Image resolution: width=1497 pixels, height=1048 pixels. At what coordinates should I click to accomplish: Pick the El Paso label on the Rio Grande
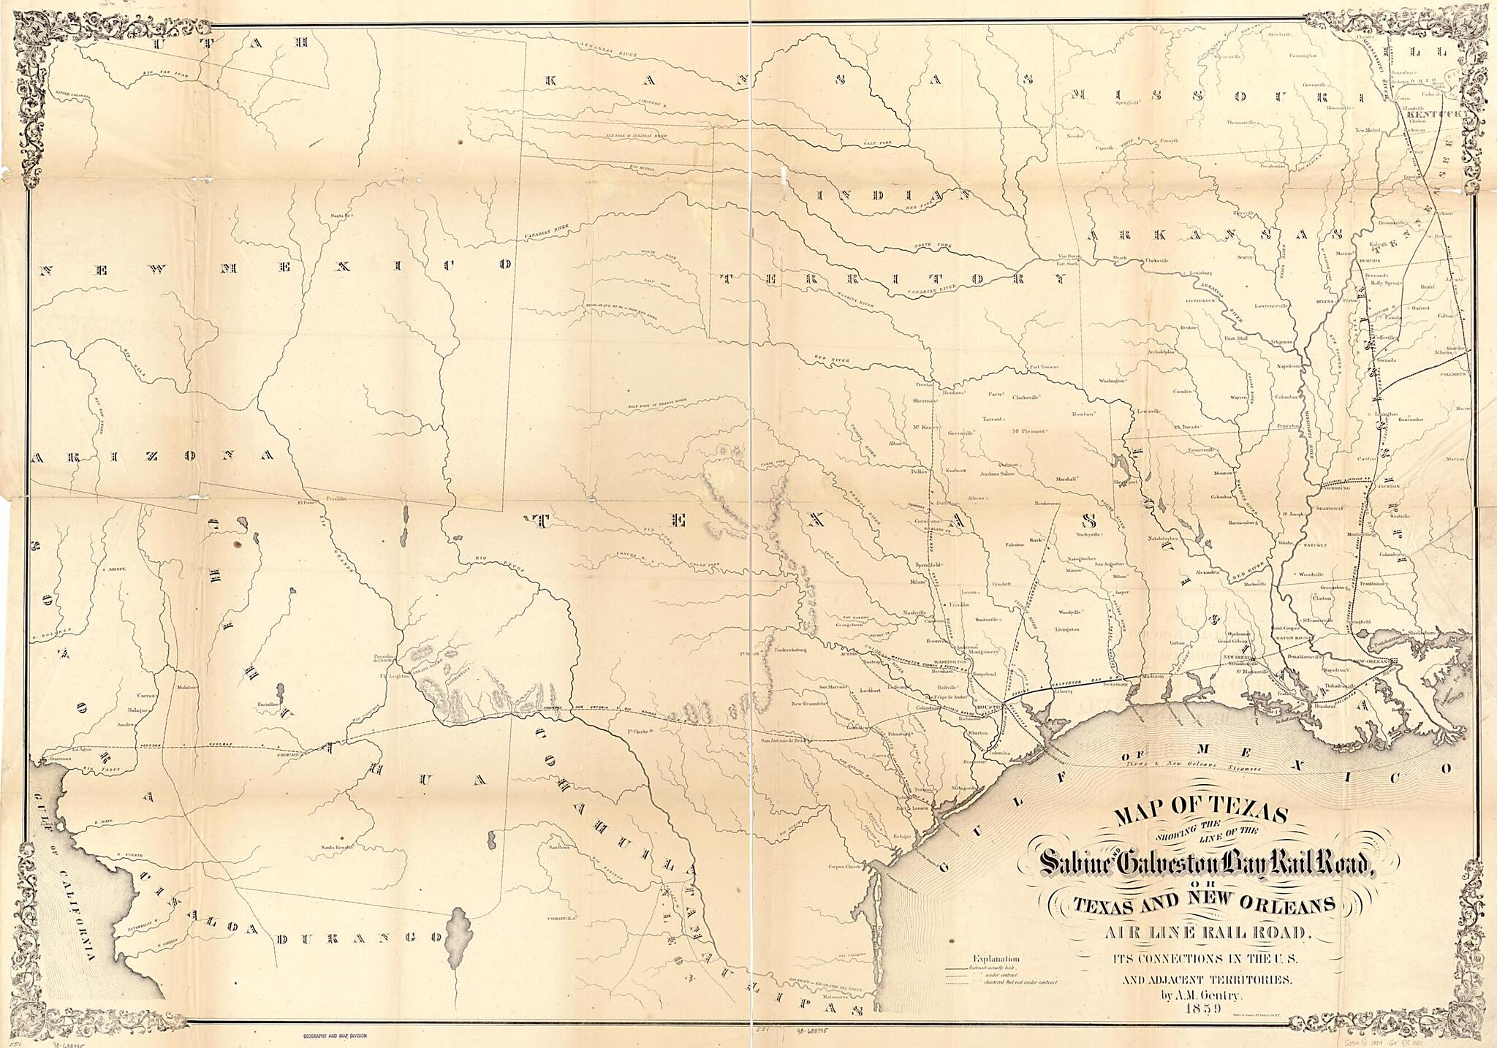[305, 503]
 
